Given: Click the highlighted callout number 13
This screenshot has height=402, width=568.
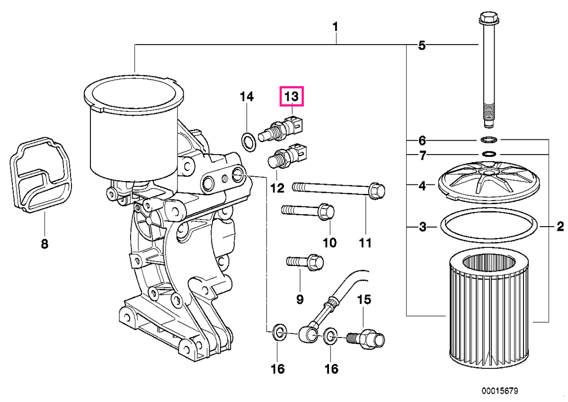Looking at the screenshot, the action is [x=292, y=97].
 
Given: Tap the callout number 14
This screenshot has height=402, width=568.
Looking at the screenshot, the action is [x=247, y=97].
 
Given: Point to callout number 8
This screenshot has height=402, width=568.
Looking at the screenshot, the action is [x=44, y=244].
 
